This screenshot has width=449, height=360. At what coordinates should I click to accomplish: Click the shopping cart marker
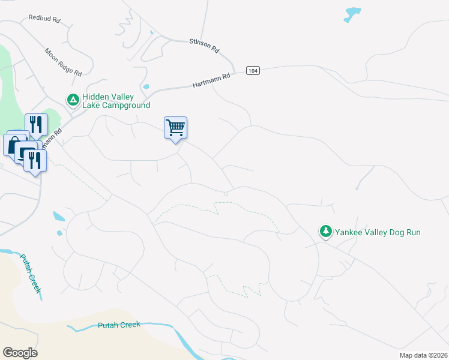(175, 127)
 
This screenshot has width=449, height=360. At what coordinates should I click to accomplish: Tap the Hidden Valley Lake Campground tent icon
(73, 99)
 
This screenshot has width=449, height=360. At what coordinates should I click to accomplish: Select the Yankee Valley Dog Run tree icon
(325, 231)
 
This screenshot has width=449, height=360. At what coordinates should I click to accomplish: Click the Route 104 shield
(253, 71)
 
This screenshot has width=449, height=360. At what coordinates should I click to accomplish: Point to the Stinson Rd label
(204, 46)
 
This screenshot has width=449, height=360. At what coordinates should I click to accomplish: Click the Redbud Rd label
(44, 19)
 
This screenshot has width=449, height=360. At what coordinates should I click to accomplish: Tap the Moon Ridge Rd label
(63, 62)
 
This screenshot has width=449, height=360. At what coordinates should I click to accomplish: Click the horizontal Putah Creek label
(119, 325)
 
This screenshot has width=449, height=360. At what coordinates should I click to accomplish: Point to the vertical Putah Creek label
(31, 274)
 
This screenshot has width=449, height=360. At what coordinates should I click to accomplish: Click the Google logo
(20, 352)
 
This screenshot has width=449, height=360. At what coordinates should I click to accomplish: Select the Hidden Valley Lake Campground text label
(116, 101)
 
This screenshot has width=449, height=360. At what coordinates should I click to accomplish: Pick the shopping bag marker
(13, 145)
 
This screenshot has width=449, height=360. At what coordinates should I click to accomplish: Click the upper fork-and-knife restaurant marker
(36, 125)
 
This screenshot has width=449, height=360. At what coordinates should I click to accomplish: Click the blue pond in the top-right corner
(352, 14)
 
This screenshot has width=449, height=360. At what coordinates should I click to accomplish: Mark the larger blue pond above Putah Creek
(59, 216)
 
